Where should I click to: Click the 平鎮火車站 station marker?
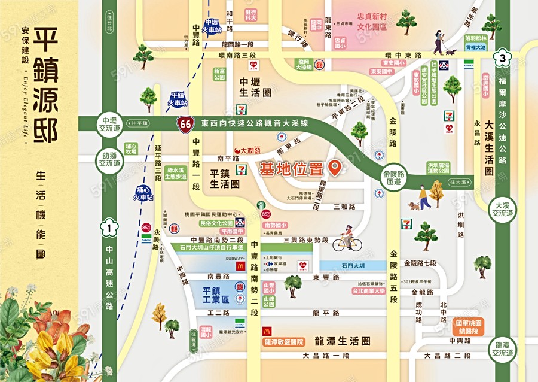[x=178, y=99]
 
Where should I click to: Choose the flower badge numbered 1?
[x=109, y=227]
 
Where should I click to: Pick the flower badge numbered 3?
[x=503, y=58]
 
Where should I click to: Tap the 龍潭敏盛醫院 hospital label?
[x=284, y=342]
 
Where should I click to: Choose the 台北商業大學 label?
[x=369, y=292]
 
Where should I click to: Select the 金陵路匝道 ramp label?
[x=392, y=177]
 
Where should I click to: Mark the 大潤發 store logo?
[x=247, y=150]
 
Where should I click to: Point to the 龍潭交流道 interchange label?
[x=501, y=348]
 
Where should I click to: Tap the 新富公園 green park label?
[x=219, y=74]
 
